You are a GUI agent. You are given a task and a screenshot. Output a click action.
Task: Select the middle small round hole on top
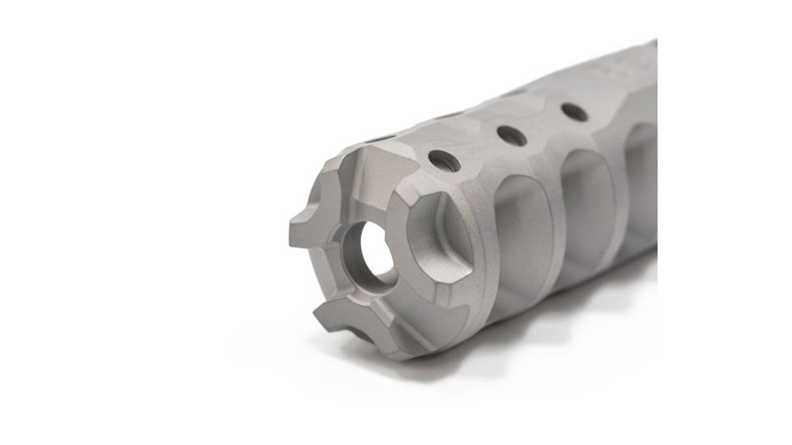[509, 131]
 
